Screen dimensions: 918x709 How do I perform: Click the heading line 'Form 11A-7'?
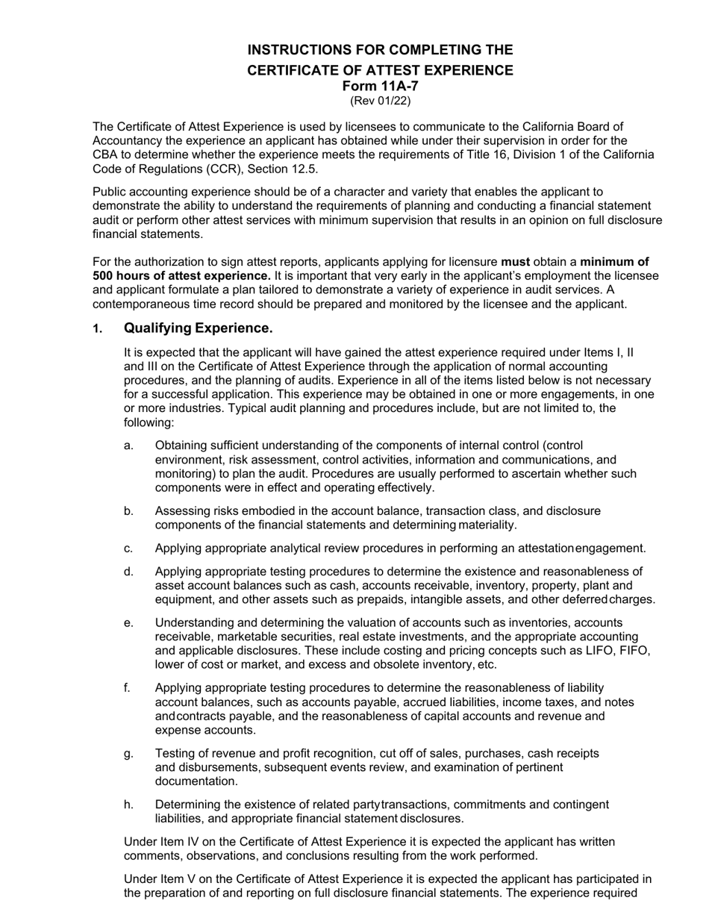(380, 86)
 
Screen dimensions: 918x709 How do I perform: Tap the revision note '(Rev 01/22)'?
(380, 100)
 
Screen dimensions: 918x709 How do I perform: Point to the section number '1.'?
(97, 329)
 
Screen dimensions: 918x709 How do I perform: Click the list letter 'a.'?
(129, 446)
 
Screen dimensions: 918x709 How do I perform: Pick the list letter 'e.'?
(129, 622)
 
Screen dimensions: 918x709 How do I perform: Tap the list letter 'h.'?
(129, 805)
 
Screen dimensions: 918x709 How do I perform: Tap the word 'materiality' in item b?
(484, 525)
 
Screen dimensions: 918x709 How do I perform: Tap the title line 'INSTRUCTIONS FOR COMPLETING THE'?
(380, 50)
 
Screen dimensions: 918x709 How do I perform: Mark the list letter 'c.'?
(129, 549)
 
